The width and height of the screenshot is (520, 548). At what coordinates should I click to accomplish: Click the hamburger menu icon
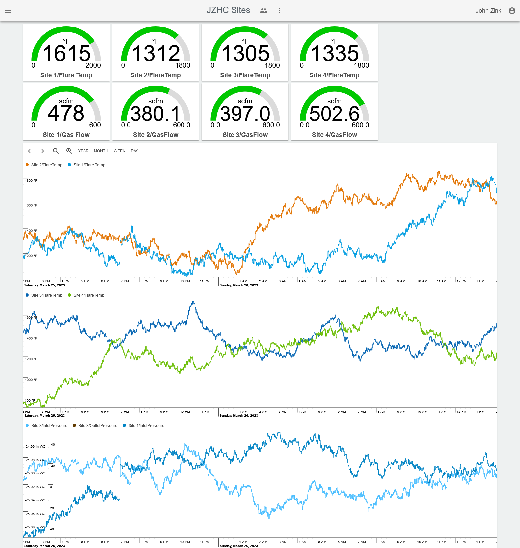coord(8,11)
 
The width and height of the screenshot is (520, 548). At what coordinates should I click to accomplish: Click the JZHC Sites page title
coord(228,10)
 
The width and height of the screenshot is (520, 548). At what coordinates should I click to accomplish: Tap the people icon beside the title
coord(264,11)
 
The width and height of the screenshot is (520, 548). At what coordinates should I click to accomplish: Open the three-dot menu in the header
coord(280,11)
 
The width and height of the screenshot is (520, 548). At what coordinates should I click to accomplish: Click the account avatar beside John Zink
coord(512,11)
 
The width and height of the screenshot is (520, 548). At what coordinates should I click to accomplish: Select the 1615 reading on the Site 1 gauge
coord(67,53)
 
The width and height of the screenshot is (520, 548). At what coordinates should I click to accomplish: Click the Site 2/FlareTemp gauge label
coord(156,75)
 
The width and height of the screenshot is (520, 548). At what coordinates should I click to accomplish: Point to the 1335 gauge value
coord(335,53)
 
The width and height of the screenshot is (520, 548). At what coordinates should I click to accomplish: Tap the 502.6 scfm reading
coord(335,114)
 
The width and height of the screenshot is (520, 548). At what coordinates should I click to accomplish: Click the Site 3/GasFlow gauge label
coord(245,135)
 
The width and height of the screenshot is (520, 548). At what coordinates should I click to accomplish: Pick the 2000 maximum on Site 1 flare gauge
coord(93,65)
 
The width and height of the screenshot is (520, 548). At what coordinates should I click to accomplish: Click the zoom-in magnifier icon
coord(69,151)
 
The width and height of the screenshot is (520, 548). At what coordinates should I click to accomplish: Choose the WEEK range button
coord(119,151)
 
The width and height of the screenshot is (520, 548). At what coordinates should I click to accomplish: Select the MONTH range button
coord(101,151)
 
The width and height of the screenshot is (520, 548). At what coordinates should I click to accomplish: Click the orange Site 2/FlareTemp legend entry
coord(47,165)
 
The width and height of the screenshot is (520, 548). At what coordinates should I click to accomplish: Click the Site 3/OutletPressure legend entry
coord(98,426)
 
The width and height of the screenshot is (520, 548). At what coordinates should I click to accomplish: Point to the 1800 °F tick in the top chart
coord(31,181)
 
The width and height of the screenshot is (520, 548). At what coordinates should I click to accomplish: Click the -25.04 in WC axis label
coord(35,500)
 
